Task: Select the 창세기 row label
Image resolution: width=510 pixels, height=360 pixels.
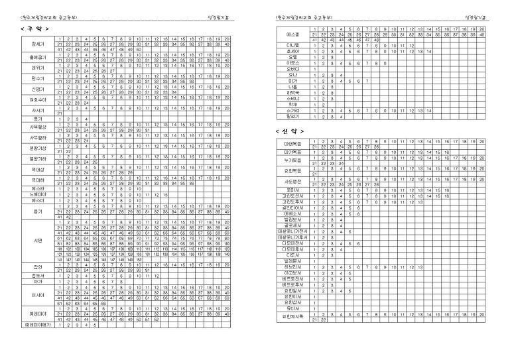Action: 37,43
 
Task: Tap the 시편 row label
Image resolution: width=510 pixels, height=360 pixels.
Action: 37,239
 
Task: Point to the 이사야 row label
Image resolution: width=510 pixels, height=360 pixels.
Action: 37,294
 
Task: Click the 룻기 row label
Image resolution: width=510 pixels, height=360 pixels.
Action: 37,119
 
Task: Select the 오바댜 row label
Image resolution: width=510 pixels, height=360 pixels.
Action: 292,69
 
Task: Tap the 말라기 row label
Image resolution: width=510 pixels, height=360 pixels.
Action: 292,116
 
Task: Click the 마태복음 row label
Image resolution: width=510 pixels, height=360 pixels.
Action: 292,144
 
